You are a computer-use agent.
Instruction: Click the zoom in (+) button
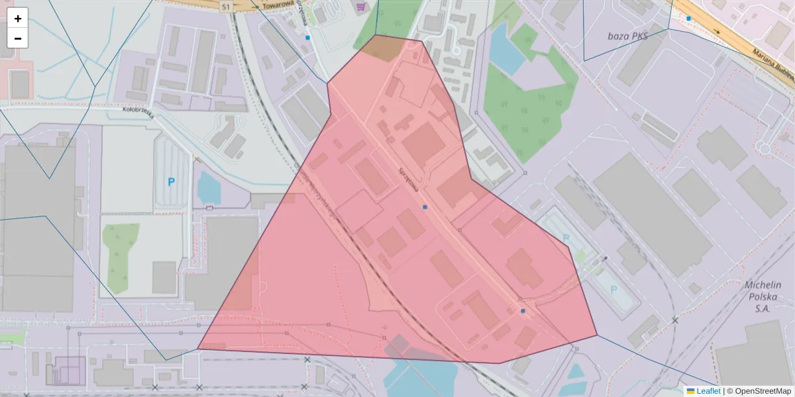[x=18, y=19]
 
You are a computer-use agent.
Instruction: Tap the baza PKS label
[x=627, y=36]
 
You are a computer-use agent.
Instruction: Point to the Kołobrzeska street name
[x=138, y=113]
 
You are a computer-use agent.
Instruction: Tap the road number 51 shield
[x=227, y=6]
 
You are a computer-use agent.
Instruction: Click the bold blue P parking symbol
[x=171, y=182]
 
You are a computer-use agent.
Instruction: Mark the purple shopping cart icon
[x=361, y=7]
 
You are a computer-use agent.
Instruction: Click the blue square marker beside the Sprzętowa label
[x=425, y=207]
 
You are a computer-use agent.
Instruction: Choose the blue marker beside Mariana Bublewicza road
[x=689, y=19]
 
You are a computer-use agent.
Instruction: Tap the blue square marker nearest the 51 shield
[x=307, y=38]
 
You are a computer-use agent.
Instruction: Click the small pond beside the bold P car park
[x=209, y=188]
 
